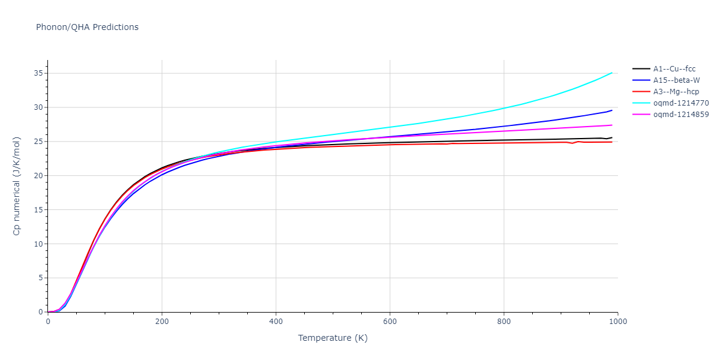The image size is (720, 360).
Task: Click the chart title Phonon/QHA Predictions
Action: [87, 27]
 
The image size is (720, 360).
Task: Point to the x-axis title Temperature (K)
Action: [332, 338]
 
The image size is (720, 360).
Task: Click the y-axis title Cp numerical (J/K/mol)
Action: [17, 186]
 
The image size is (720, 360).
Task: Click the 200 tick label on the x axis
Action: [161, 322]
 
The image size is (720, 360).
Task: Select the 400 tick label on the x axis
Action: [275, 322]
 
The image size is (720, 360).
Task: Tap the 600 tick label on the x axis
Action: [389, 322]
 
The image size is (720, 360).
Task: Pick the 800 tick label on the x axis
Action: [503, 322]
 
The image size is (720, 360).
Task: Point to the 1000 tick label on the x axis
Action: [617, 322]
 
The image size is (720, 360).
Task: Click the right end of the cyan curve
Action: [612, 73]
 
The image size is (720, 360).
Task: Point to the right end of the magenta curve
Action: [612, 125]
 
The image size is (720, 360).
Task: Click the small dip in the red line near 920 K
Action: [572, 143]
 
